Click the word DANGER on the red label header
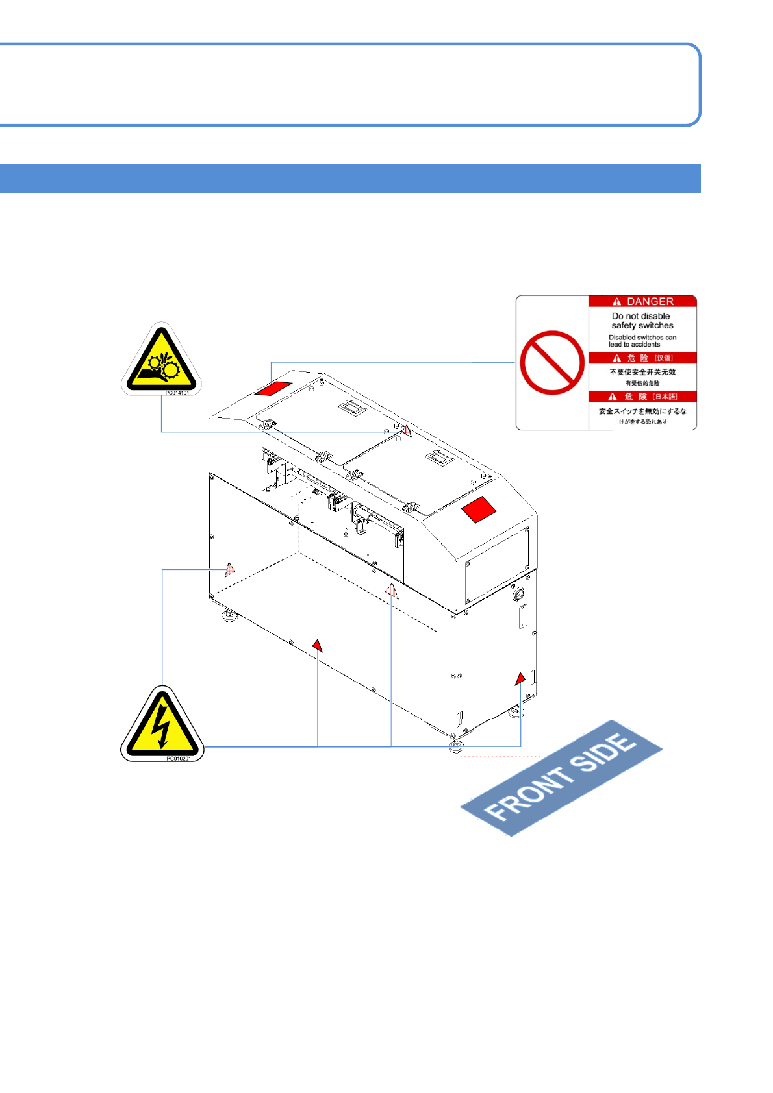coord(650,302)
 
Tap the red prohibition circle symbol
coord(552,362)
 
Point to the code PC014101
coord(177,393)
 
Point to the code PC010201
coord(179,758)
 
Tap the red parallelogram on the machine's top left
coord(273,388)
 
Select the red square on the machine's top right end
coord(479,509)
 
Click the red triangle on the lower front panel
coord(317,645)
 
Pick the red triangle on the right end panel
coord(520,679)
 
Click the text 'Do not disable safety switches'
coord(642,321)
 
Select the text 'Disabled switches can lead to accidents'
coord(642,341)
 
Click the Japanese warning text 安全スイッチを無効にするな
coord(642,411)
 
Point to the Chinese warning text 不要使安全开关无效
coord(642,372)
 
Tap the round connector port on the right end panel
coord(518,593)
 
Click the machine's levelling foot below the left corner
coord(229,615)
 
